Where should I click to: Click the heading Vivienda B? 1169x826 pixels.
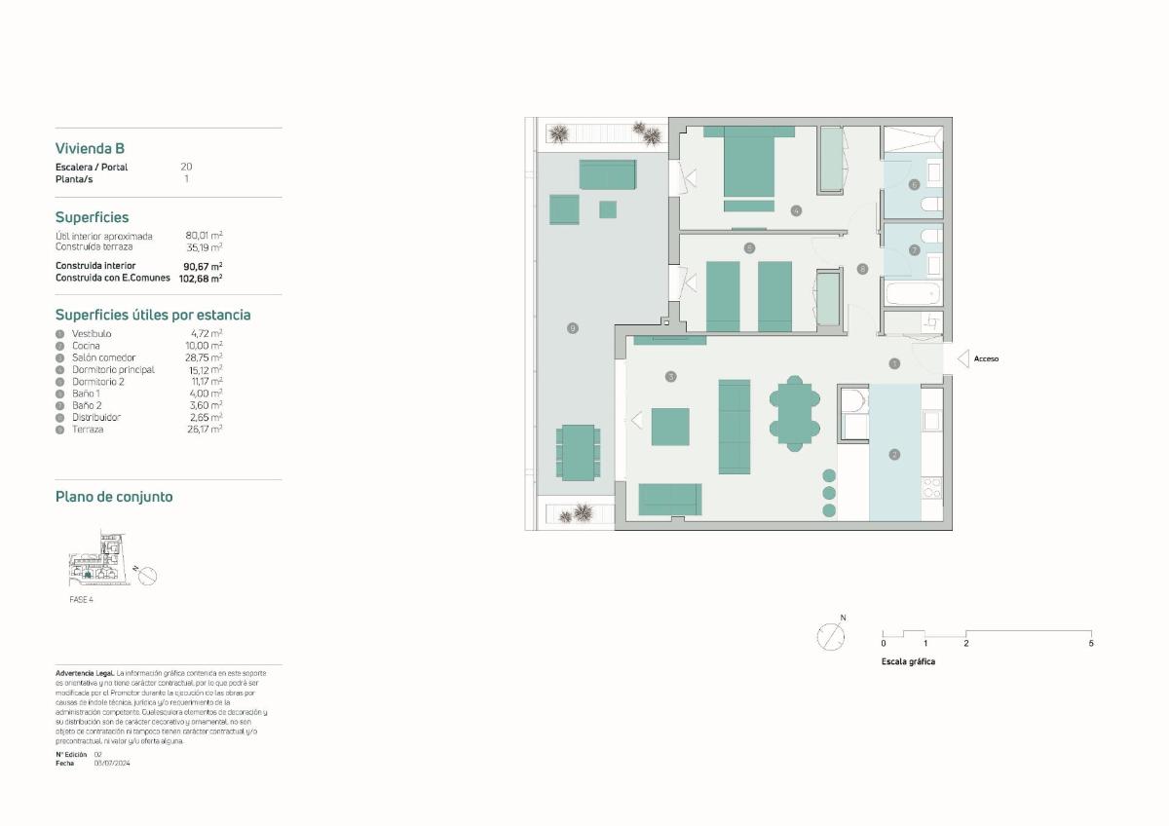[90, 149]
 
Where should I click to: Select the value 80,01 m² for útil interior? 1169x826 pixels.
[204, 236]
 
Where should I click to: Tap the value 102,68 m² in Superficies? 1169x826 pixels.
[201, 278]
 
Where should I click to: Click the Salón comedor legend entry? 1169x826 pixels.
[103, 357]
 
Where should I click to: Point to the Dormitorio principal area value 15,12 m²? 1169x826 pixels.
[204, 369]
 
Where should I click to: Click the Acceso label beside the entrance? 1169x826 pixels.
[986, 358]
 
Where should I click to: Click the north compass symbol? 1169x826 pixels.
[830, 637]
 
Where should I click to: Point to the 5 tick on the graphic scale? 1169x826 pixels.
[1091, 643]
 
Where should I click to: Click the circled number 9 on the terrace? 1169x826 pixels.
[572, 328]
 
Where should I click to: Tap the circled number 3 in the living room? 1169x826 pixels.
[670, 376]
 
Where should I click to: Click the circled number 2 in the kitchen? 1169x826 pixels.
[894, 454]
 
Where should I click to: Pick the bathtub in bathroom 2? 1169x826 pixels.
[913, 292]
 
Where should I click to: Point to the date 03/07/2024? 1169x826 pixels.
[112, 763]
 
